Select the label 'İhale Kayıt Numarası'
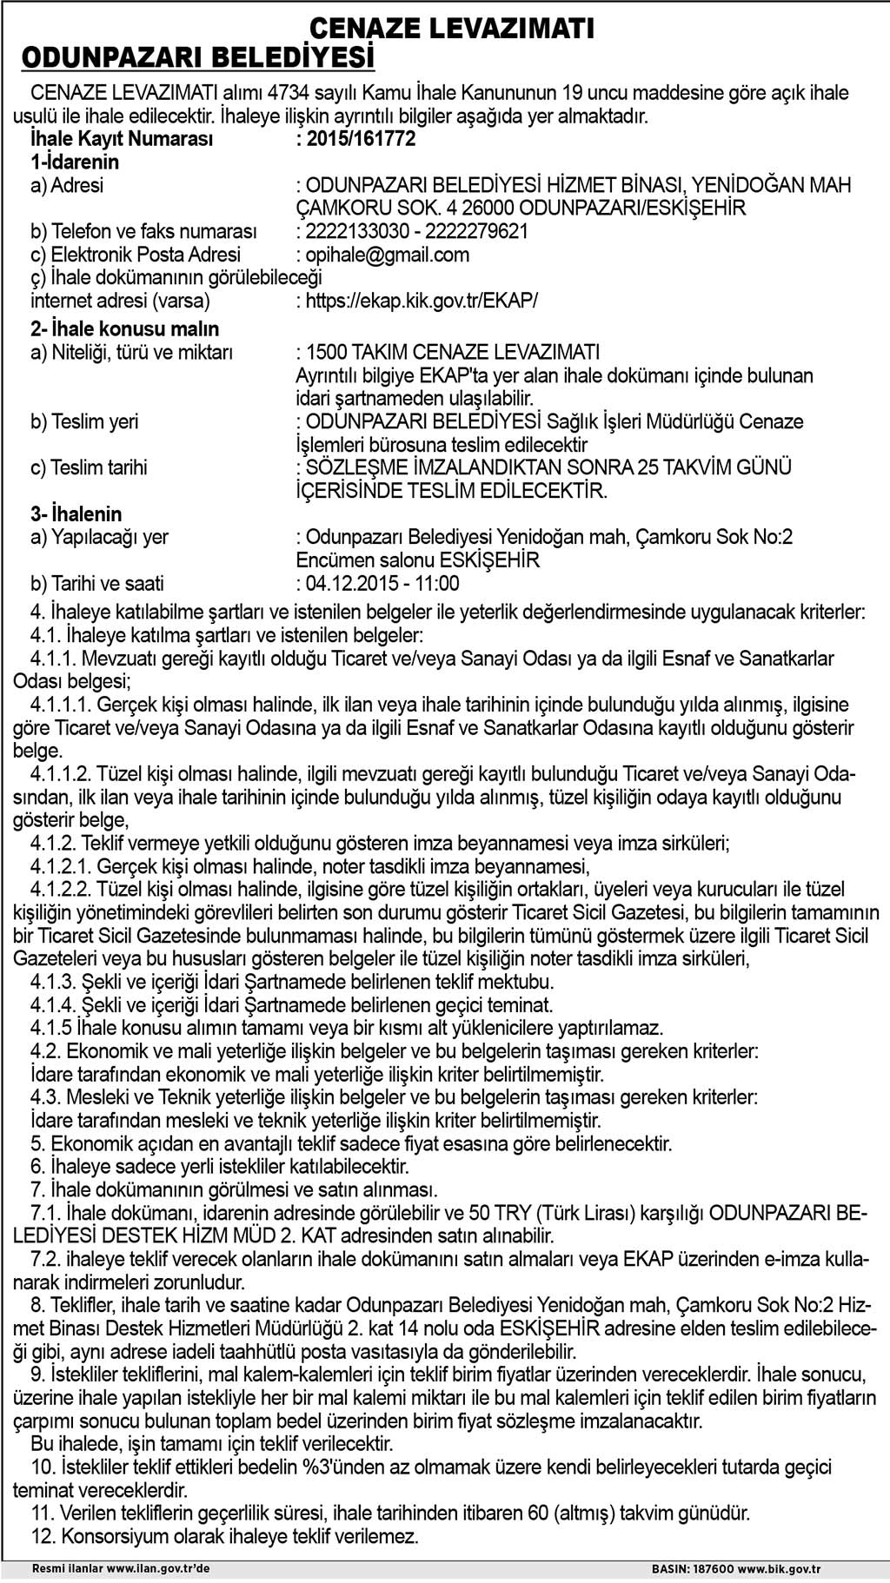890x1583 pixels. click(122, 139)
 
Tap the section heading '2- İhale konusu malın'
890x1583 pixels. click(125, 329)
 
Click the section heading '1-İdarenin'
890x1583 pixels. click(75, 162)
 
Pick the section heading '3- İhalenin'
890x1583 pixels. click(76, 513)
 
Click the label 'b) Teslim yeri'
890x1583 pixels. click(84, 422)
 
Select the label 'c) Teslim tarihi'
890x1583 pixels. click(90, 467)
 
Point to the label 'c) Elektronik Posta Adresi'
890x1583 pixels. click(136, 255)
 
